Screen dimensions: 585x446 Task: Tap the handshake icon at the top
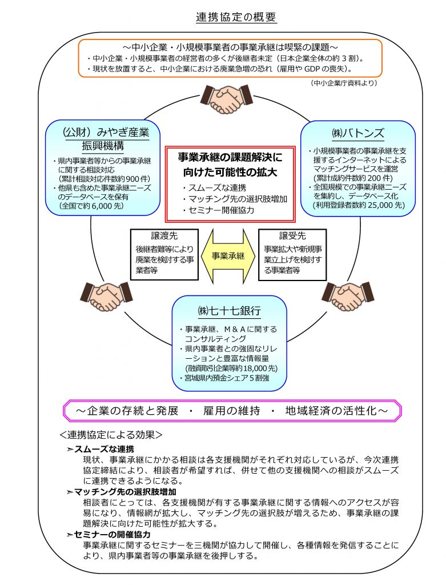(x=227, y=98)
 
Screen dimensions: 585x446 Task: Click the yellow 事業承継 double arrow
(x=228, y=255)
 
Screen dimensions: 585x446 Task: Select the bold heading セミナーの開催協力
(x=112, y=535)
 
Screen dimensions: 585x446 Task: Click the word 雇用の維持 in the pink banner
(x=227, y=411)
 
